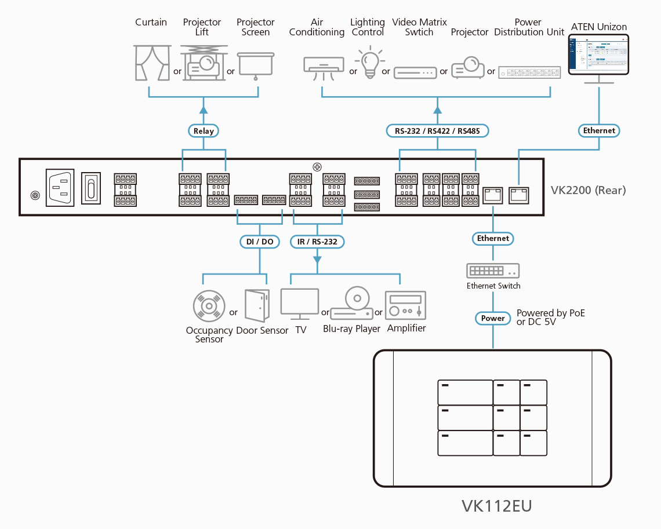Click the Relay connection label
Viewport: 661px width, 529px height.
point(204,131)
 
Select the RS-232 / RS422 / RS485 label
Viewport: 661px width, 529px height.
point(437,131)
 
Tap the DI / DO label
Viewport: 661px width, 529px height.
point(259,242)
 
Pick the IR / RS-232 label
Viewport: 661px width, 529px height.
point(317,242)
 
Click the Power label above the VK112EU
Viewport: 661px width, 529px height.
point(493,318)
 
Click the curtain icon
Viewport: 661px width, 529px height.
point(150,63)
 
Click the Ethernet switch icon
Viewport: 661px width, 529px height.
point(493,271)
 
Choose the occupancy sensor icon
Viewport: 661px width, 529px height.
point(208,306)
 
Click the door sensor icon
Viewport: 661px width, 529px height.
point(257,305)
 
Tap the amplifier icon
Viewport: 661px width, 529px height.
point(406,305)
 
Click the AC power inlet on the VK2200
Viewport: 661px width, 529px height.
point(60,188)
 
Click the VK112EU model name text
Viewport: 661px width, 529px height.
point(496,506)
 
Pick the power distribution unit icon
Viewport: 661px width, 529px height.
point(529,72)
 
